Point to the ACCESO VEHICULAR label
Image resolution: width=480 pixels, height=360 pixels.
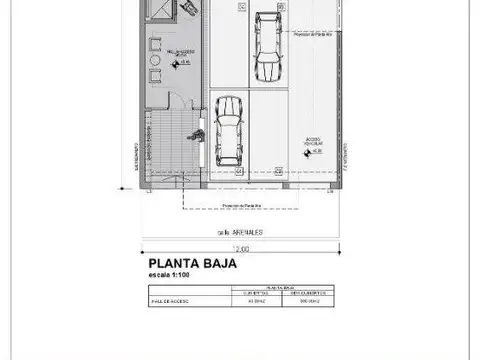click(x=310, y=142)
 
